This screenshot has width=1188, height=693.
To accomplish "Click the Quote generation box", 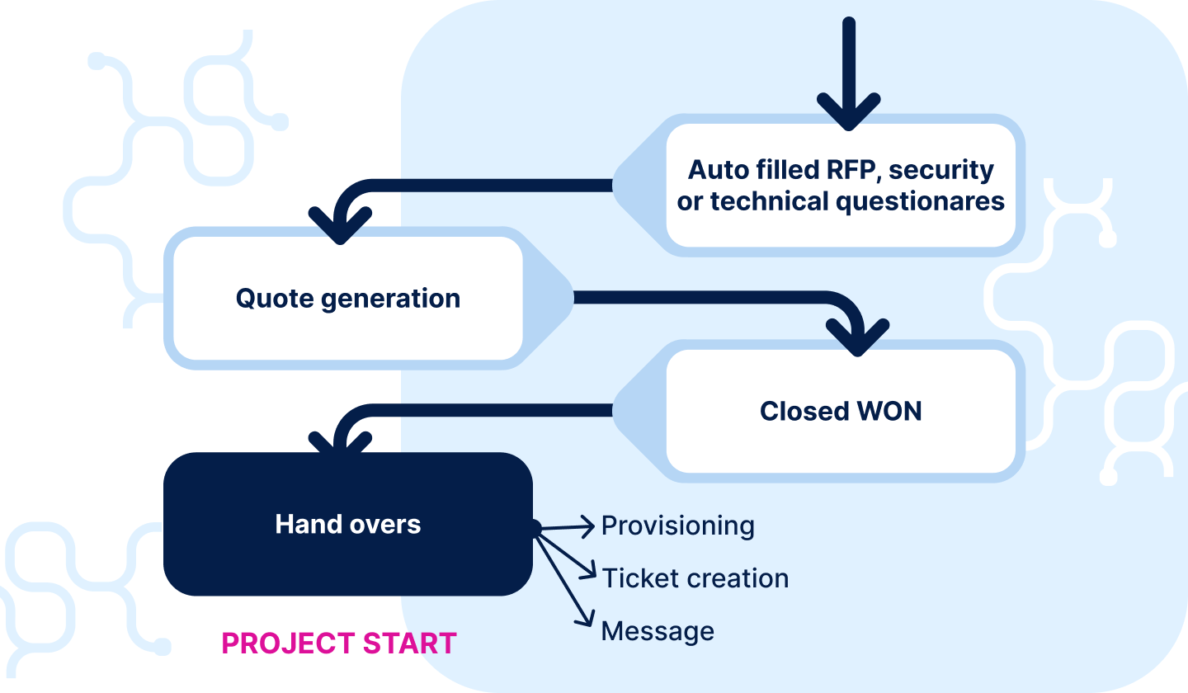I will [346, 298].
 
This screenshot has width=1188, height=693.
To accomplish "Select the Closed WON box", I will [840, 411].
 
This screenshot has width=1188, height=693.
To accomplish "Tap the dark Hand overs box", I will [347, 524].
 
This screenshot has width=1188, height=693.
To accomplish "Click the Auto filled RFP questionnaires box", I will [840, 185].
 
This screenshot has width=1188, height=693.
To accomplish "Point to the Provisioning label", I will [677, 526].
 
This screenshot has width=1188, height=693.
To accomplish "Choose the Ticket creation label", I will [695, 578].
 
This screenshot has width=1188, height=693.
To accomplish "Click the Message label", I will [658, 631].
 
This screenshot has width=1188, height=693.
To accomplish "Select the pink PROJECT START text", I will [339, 643].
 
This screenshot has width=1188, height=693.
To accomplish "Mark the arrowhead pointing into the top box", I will [849, 114].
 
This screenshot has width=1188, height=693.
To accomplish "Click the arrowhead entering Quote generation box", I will [339, 227].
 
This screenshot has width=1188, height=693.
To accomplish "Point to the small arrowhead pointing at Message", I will [588, 620].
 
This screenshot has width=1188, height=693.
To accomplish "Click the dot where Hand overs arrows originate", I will [535, 528].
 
